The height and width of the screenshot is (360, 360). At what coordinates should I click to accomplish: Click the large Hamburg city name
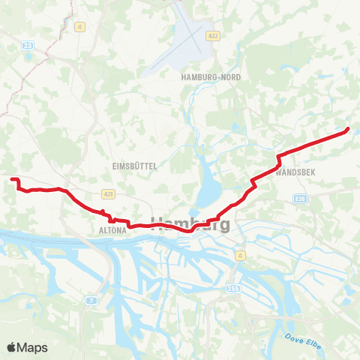(191, 223)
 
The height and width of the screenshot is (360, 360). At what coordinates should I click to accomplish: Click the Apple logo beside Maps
(11, 347)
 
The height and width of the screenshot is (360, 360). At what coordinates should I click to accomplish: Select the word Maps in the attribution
(33, 347)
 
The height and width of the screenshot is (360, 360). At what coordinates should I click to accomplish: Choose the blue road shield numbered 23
(28, 46)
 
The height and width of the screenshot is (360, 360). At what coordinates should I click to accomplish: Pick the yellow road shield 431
(109, 194)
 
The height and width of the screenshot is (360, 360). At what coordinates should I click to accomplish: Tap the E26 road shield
(301, 198)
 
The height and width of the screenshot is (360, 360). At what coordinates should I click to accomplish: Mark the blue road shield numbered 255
(227, 288)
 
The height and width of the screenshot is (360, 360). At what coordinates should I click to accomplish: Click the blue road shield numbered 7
(91, 300)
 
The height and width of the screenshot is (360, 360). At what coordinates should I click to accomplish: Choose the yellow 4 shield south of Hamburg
(239, 256)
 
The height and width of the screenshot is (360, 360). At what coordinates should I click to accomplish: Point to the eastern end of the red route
(348, 130)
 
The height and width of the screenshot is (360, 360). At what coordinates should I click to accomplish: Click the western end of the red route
(12, 178)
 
